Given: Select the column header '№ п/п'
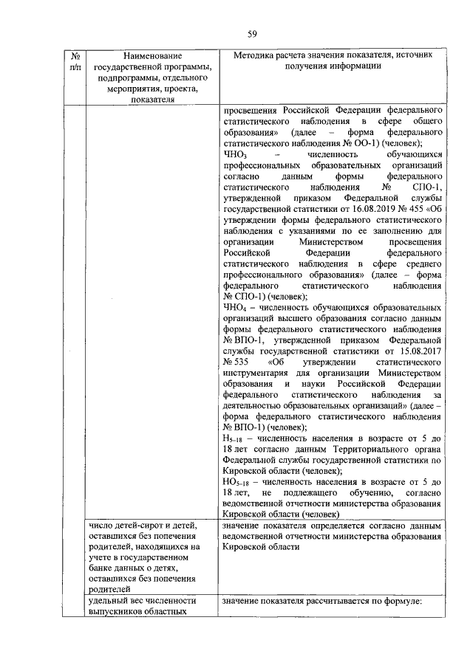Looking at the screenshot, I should click(x=74, y=61).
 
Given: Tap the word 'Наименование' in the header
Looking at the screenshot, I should click(x=152, y=56).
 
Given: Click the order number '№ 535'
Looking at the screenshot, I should click(x=235, y=362).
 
